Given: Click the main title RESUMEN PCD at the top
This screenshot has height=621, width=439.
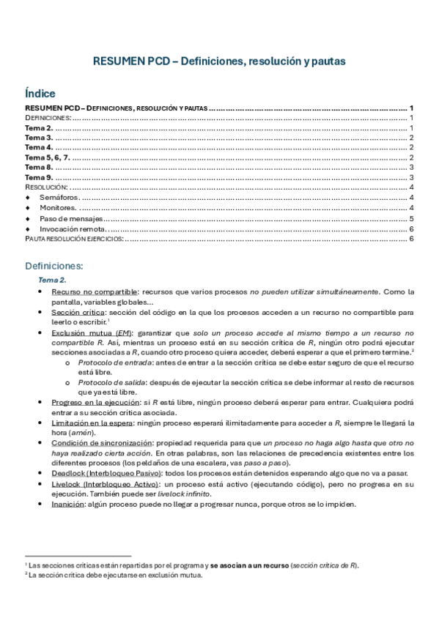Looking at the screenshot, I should pyautogui.click(x=219, y=62).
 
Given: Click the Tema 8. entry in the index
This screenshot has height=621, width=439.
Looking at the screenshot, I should pyautogui.click(x=39, y=167).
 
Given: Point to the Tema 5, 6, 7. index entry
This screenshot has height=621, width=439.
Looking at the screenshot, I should pyautogui.click(x=48, y=157).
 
